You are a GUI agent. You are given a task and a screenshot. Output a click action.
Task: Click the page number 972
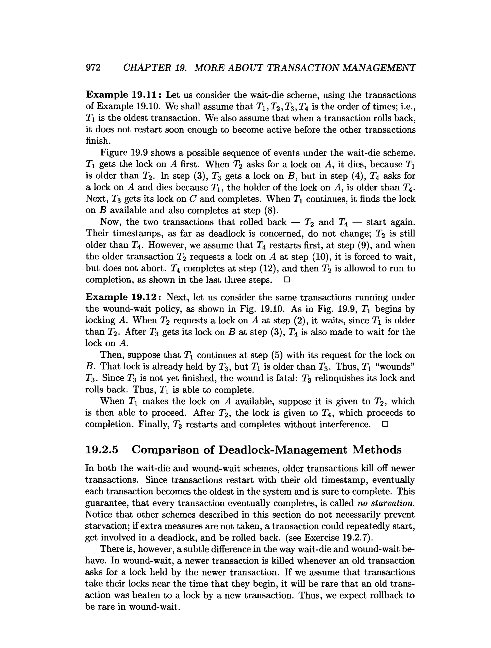click(x=93, y=68)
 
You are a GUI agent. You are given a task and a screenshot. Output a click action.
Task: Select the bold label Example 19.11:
click(x=123, y=95)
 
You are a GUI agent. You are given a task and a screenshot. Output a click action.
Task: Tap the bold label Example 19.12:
click(x=123, y=297)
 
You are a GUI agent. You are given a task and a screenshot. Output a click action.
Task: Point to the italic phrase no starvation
click(x=386, y=503)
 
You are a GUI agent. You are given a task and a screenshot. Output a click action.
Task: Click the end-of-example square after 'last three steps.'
click(x=286, y=280)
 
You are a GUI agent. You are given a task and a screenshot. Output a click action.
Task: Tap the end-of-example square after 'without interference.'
click(x=385, y=424)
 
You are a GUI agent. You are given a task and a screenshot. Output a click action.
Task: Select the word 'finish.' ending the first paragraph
click(x=98, y=141)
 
